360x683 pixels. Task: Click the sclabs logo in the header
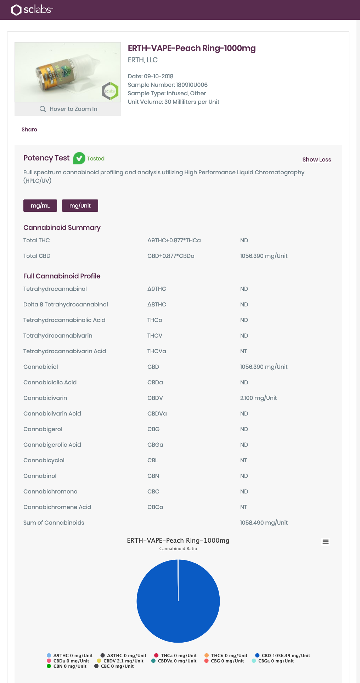tap(32, 10)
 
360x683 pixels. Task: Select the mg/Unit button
tap(80, 205)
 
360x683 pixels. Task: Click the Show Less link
tap(316, 159)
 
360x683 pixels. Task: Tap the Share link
tap(29, 129)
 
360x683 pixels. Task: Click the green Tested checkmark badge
tap(79, 158)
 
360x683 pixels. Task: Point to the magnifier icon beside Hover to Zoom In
tap(43, 109)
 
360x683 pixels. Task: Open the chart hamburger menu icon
tap(325, 542)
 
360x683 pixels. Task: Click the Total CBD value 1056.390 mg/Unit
tap(264, 256)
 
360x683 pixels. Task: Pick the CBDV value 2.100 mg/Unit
tap(258, 398)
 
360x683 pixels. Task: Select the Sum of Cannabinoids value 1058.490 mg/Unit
tap(264, 523)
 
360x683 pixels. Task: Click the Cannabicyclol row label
tap(44, 460)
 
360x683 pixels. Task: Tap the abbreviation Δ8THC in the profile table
tap(157, 304)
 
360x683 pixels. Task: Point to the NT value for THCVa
tap(243, 351)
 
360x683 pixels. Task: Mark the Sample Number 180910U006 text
tap(168, 85)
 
